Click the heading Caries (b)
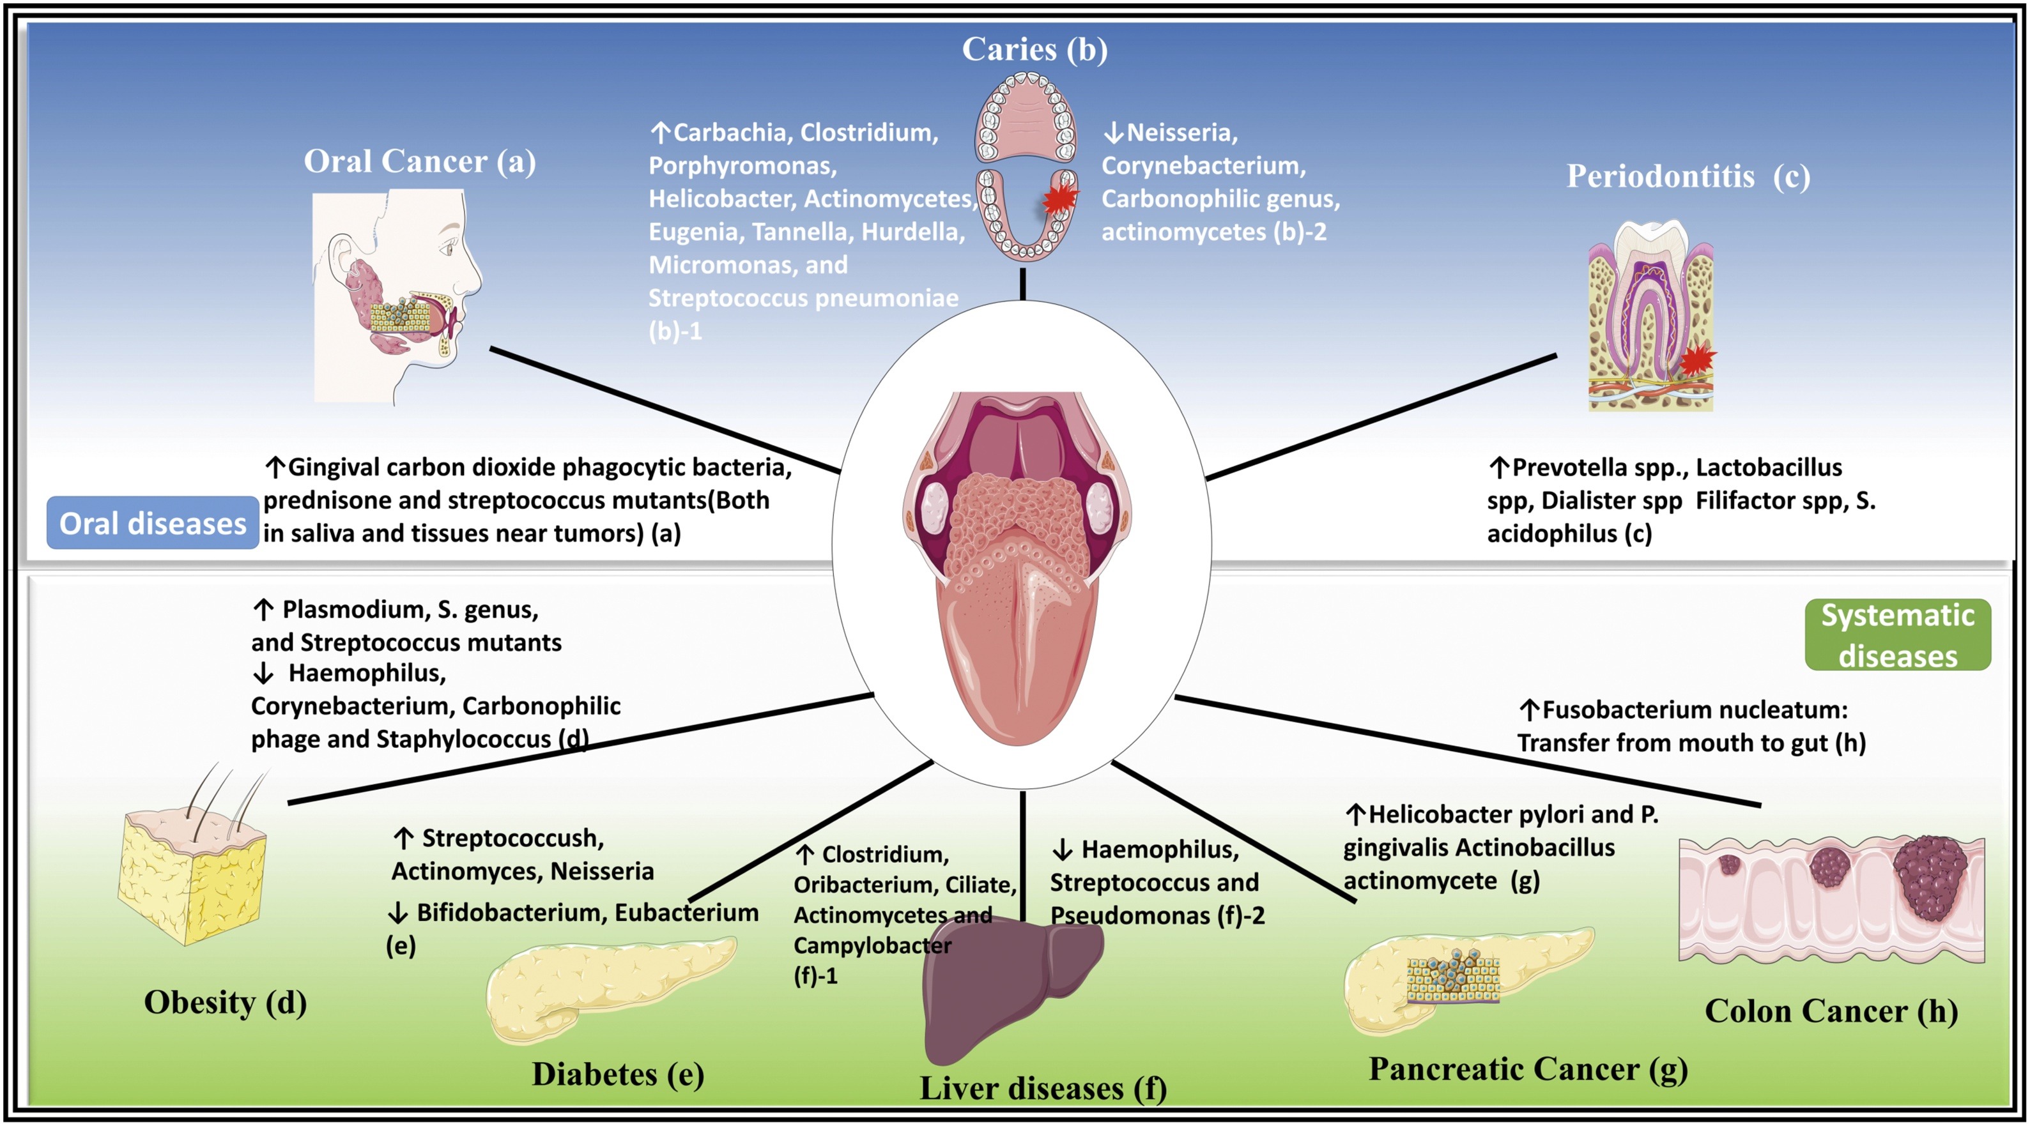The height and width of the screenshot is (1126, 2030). coord(1034,50)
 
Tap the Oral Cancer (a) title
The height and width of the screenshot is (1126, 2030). coord(419,162)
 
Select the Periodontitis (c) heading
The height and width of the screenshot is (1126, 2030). coord(1688,176)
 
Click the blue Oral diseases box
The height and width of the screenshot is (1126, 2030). coord(153,523)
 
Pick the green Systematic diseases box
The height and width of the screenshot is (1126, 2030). coord(1897,635)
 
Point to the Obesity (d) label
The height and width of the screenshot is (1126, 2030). coord(226,1003)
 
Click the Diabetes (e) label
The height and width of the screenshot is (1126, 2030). coord(618,1075)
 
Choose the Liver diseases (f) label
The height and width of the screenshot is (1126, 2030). coord(1043,1089)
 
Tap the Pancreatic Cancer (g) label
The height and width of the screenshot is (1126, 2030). coord(1528,1070)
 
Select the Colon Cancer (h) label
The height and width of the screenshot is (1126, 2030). coord(1831,1012)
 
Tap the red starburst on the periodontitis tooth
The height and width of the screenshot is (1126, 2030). coord(1696,361)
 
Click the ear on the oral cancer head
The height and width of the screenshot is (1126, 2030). coord(344,256)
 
